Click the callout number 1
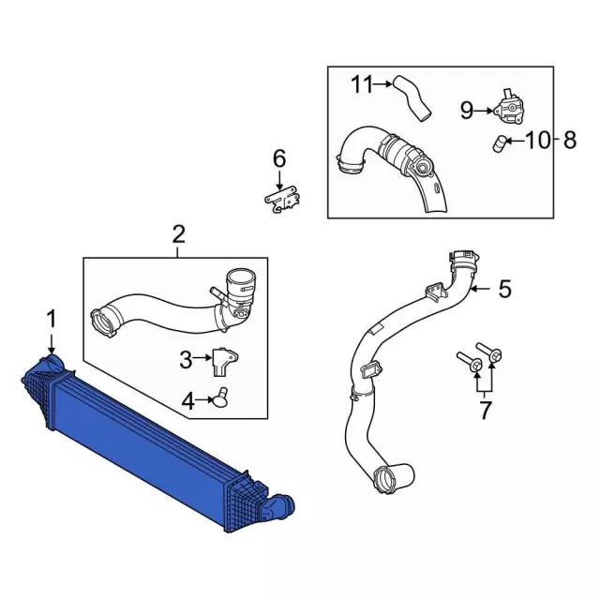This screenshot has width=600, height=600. (52, 320)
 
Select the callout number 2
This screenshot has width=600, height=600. (178, 233)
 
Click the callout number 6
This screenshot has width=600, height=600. (278, 157)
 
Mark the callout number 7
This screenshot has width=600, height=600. (485, 410)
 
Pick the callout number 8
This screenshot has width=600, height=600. (569, 141)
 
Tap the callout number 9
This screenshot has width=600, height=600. (466, 111)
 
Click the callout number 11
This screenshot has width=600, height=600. (362, 85)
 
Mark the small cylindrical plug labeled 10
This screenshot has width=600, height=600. (502, 143)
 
